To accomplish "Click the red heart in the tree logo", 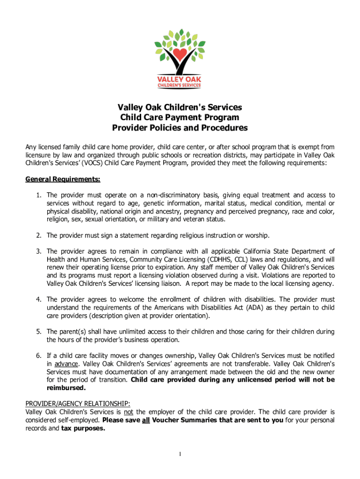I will click(x=180, y=53).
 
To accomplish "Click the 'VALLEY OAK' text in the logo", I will click(x=180, y=79).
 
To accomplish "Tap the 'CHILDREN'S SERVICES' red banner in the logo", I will click(x=180, y=85).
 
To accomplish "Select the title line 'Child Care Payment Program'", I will click(x=180, y=117).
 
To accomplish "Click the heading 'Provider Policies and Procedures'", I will click(x=180, y=128).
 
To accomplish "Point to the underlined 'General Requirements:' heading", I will click(x=63, y=180).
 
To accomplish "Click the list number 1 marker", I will click(x=39, y=195).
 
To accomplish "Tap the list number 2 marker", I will click(x=39, y=235).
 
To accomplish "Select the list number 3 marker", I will click(x=39, y=251).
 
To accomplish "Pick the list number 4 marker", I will click(x=39, y=299).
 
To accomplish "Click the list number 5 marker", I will click(x=39, y=332).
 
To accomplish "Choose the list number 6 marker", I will click(x=39, y=356).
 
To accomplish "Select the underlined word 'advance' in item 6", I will click(x=66, y=363).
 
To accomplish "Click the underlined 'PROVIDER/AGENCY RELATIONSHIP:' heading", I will click(x=78, y=404).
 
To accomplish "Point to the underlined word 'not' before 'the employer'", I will click(x=129, y=412).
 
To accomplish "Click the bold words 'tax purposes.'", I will click(x=83, y=428).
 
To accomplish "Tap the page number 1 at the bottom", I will click(x=180, y=455).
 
